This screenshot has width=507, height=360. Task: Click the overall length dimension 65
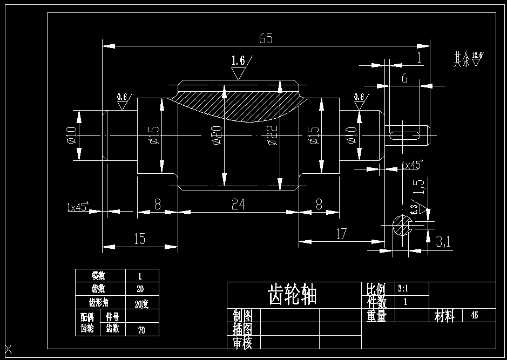coord(266,38)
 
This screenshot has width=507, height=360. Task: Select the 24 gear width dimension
coord(238,204)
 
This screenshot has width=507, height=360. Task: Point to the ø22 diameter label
coord(271,135)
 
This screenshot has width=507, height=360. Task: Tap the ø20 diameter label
coord(217,135)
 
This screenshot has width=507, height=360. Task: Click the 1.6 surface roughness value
coord(238,60)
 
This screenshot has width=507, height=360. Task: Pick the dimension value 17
coord(341,234)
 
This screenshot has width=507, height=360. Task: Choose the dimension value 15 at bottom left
coord(139,239)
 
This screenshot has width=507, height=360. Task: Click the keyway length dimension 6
coord(404,78)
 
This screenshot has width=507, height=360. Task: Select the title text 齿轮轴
coord(292,295)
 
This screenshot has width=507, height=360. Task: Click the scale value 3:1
coord(403,288)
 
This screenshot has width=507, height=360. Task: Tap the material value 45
coord(475,315)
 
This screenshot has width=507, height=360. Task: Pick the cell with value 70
coord(141,329)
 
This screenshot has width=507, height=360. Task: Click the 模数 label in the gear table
coord(100,275)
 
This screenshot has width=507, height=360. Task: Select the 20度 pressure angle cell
coord(141,304)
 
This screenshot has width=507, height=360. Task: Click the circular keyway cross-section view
coord(401,225)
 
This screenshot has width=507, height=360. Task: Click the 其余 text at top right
coord(462,59)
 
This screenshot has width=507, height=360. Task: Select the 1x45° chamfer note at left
coord(77,207)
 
